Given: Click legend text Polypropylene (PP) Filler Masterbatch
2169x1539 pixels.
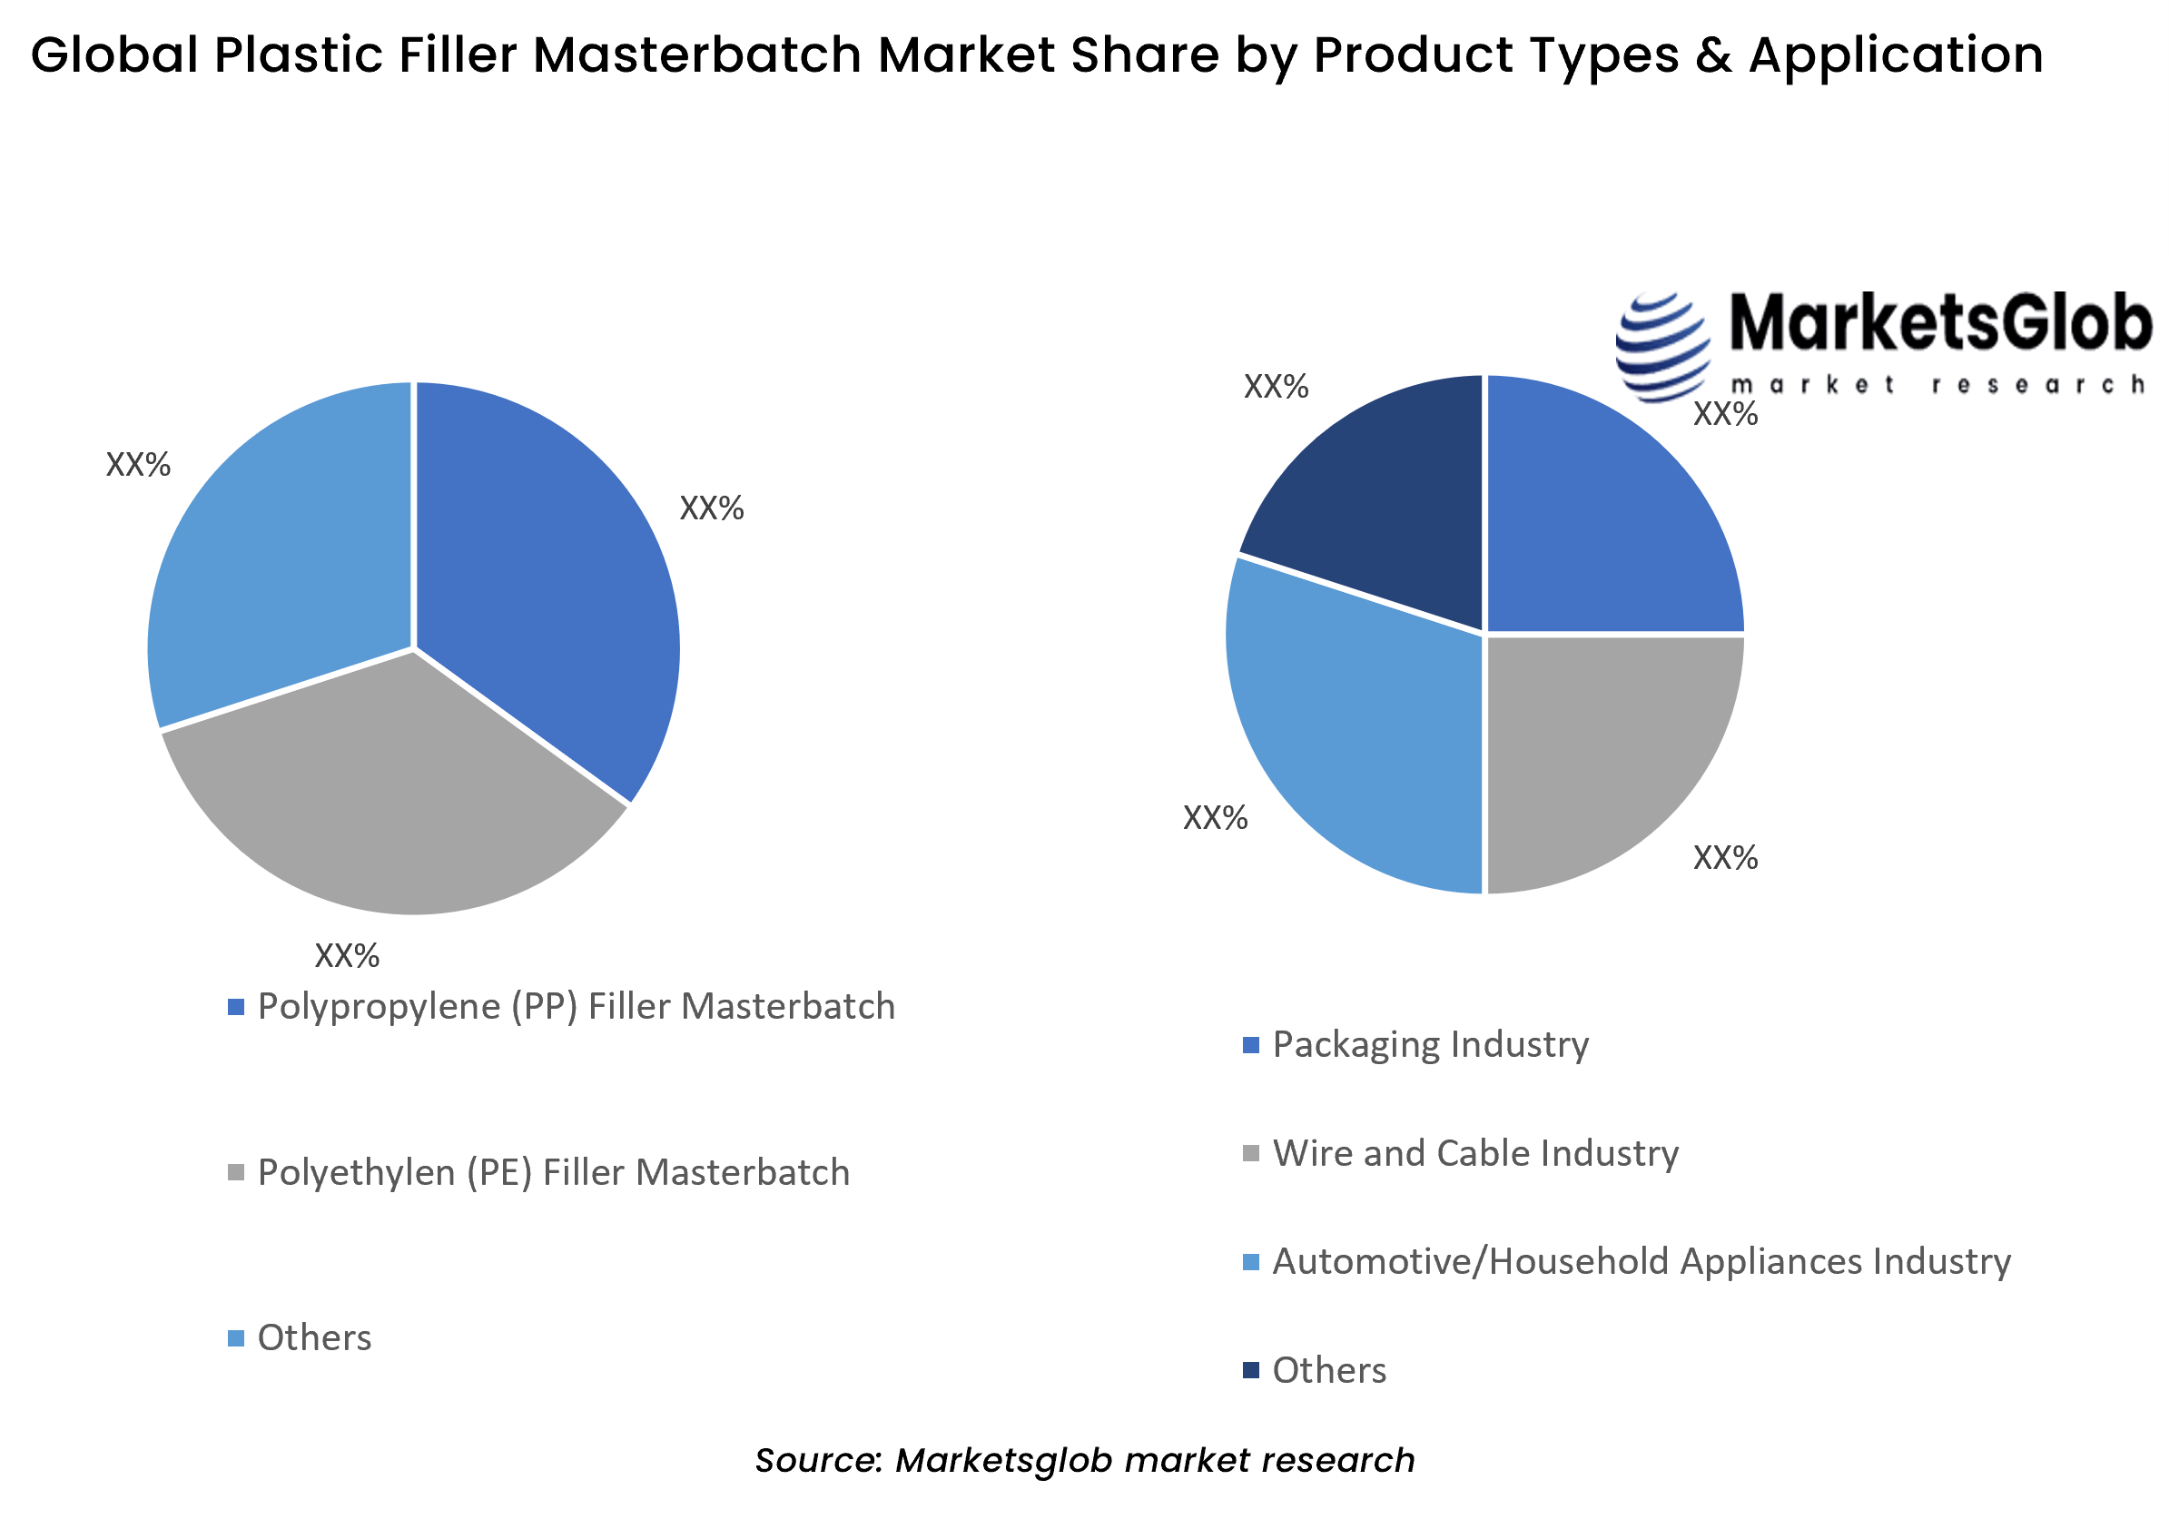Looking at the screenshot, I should coord(576,1006).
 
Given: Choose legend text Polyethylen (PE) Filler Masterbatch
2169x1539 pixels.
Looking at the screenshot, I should coord(554,1173).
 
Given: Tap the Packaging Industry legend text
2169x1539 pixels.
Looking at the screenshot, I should coord(1430,1044).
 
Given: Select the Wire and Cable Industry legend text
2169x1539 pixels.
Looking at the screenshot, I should coord(1474,1153).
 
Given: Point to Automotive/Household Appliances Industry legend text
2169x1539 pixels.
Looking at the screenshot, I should coord(1641,1262).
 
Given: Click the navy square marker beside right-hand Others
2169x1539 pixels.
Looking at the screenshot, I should coord(1251,1370).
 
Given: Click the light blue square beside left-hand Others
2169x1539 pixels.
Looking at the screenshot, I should coord(236,1338).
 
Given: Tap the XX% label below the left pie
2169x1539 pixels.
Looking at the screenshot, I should coord(347,955).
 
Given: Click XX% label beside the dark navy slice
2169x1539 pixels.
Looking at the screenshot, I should coord(1276,387).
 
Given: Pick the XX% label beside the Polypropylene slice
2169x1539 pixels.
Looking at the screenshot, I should coord(712,508).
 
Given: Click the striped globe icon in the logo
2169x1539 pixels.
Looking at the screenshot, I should coord(1663,347).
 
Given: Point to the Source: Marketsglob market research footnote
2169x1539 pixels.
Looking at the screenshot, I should coord(1084,1460).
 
